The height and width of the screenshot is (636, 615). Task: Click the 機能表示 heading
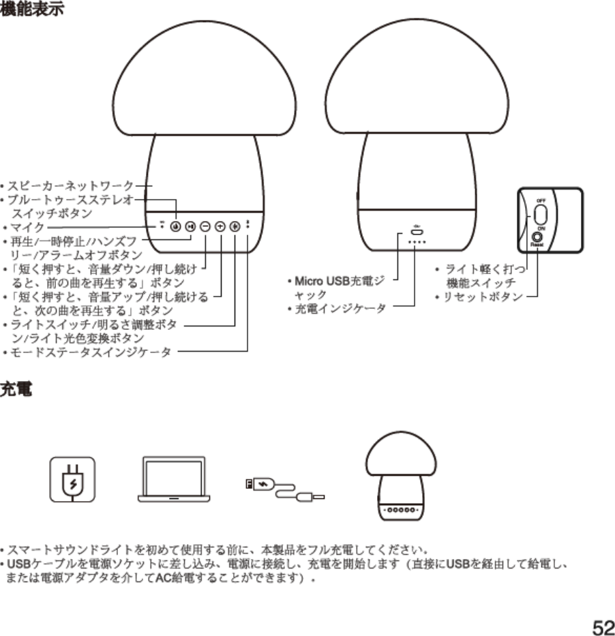33,12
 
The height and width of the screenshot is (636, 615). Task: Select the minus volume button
205,226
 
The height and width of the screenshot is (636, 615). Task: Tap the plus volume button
220,226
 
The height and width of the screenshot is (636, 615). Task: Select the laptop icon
174,479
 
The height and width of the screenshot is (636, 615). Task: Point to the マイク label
27,226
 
